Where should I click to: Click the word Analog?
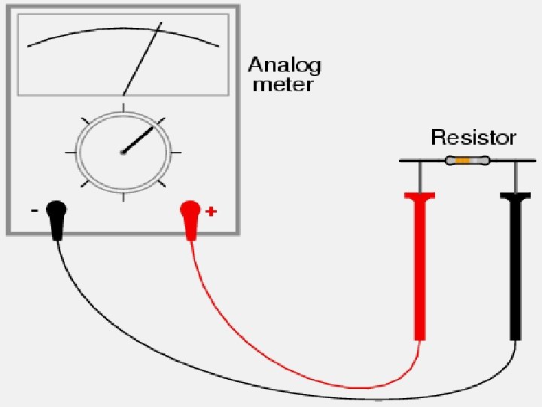[x=285, y=66]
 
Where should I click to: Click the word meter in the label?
[x=282, y=84]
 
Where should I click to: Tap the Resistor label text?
[x=473, y=138]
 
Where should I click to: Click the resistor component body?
[x=467, y=161]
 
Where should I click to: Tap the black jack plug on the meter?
[x=56, y=216]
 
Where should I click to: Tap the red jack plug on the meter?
[x=190, y=216]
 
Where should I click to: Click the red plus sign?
[x=211, y=213]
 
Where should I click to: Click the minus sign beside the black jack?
[x=35, y=212]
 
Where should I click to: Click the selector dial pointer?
[x=139, y=140]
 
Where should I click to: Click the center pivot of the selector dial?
[x=123, y=152]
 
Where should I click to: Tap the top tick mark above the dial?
[x=123, y=102]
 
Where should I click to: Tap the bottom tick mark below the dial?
[x=123, y=199]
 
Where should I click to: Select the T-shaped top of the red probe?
[x=420, y=197]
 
